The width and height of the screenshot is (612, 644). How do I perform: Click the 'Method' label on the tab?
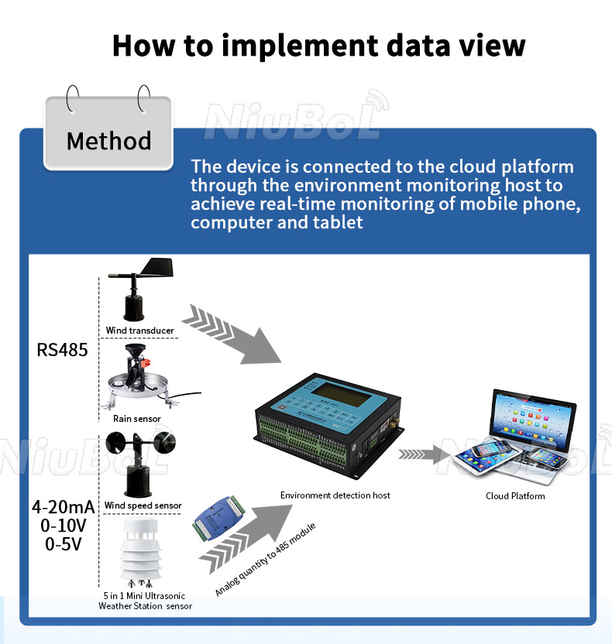108,141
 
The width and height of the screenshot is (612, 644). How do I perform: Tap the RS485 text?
63,350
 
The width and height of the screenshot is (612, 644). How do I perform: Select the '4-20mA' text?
63,507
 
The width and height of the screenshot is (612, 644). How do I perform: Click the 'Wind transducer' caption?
140,331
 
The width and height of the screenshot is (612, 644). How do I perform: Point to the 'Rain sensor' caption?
137,419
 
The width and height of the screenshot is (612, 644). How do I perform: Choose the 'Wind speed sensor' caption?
143,505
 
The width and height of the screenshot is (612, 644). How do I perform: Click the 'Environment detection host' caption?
335,495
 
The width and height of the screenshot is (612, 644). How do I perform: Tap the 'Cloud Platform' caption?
515,496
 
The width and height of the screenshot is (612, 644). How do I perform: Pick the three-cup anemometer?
140,462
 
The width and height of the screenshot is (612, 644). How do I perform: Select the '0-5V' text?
63,543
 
